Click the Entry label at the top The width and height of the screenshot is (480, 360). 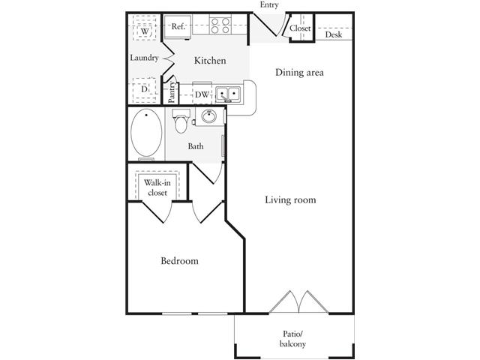tap(268, 6)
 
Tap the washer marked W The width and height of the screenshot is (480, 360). tap(145, 31)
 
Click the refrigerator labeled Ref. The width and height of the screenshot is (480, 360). tap(178, 27)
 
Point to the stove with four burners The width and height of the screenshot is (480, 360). tap(220, 26)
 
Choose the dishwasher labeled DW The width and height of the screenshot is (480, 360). tap(202, 94)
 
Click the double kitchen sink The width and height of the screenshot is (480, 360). tap(227, 94)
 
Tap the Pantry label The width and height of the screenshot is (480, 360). tap(172, 91)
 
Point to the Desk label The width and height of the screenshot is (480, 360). tap(334, 34)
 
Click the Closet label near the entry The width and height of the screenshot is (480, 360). tap(301, 29)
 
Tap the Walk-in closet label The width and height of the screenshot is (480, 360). tap(157, 187)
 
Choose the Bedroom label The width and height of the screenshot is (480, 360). tap(180, 261)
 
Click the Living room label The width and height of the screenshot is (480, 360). tap(290, 200)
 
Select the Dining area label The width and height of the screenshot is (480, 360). tap(299, 73)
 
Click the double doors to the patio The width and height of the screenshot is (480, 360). tap(298, 301)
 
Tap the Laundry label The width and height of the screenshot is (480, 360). tap(144, 58)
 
